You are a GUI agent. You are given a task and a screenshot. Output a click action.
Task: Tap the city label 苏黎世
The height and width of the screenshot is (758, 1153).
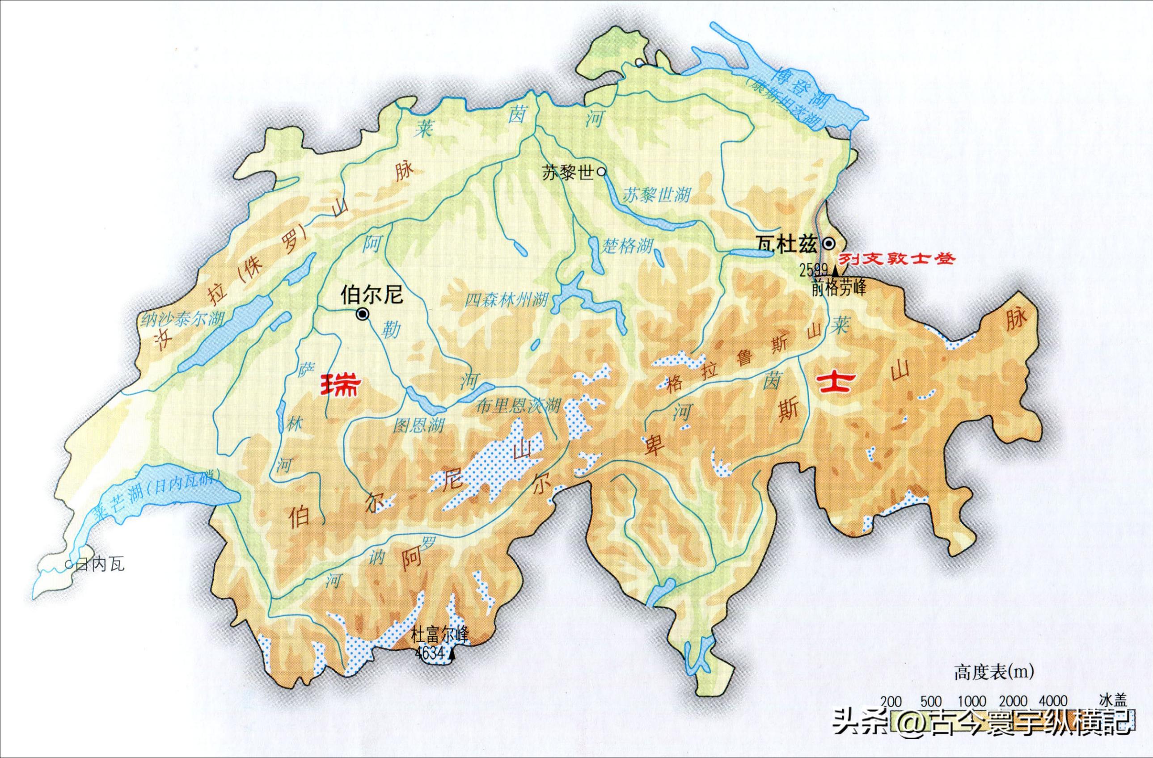pyautogui.click(x=568, y=173)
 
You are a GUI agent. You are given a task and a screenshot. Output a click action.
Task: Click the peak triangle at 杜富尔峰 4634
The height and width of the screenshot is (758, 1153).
pyautogui.click(x=452, y=655)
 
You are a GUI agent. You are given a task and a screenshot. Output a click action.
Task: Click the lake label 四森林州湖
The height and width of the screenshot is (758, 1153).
pyautogui.click(x=506, y=301)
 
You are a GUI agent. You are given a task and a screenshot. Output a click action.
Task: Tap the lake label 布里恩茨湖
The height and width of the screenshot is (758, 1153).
pyautogui.click(x=518, y=406)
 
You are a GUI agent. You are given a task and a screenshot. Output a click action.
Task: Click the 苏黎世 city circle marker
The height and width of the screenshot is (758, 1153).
pyautogui.click(x=601, y=171)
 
